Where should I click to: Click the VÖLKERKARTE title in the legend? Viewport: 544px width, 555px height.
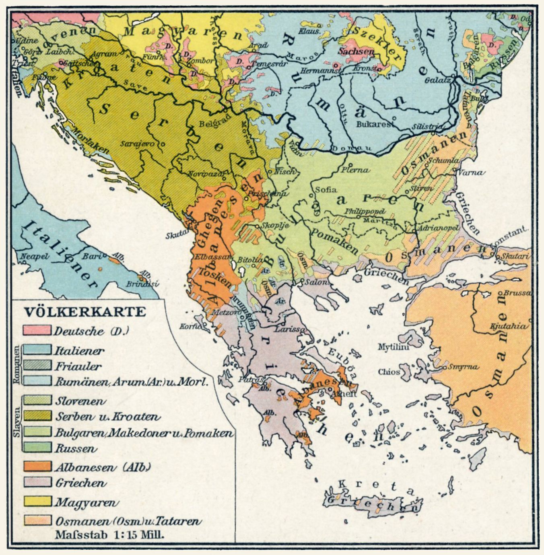84,312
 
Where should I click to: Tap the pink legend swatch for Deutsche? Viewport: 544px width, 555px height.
37,331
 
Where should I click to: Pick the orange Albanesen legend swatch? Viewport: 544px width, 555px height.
37,467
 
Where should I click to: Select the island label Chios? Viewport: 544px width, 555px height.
389,372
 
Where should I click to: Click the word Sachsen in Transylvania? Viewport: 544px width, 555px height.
356,51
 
